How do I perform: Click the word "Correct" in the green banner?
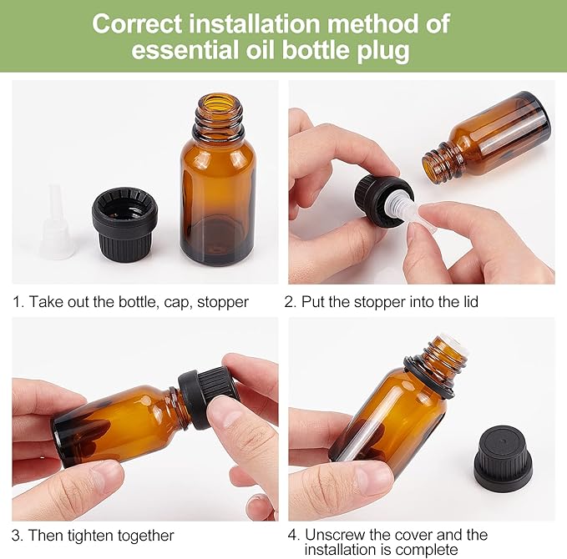point(138,24)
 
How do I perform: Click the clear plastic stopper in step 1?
point(56,222)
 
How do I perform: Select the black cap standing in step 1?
point(124,224)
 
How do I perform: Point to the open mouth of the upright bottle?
point(220,102)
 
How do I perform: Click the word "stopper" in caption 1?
point(223,303)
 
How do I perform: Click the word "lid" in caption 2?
point(470,301)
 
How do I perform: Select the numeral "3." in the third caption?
point(18,536)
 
